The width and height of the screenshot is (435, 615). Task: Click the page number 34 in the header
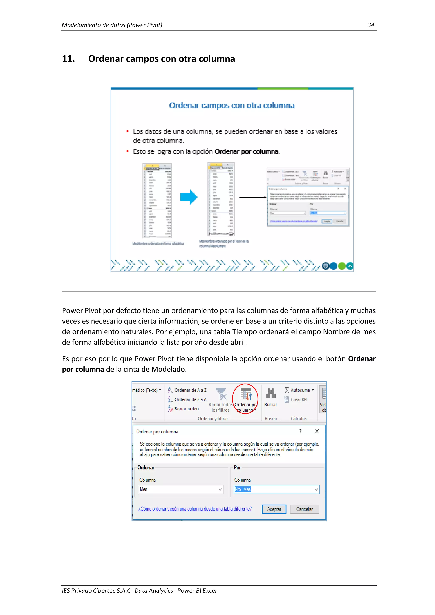pos(370,25)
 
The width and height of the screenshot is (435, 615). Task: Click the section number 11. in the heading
pos(68,59)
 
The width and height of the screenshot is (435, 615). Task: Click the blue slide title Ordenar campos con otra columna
pos(232,105)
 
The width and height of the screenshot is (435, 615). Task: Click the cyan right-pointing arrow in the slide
pos(189,197)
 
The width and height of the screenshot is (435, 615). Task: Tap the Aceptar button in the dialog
pos(274,509)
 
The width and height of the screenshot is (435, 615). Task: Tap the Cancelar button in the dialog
pos(304,509)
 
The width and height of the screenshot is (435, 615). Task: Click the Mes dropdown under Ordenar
pos(181,489)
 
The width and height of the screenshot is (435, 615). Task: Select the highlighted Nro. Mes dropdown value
pos(243,489)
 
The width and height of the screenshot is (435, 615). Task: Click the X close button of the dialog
pos(317,431)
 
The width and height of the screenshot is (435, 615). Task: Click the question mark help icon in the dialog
pos(300,431)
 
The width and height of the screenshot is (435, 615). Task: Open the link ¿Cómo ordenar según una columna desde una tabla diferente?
pos(195,509)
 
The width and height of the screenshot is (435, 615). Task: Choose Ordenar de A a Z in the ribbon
pos(190,390)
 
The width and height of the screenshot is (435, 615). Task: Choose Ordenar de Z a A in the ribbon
pos(190,399)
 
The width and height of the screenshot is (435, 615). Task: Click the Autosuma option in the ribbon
pos(300,390)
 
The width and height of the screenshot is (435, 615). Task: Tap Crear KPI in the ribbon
pos(298,399)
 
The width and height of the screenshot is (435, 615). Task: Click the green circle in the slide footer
pos(342,266)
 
